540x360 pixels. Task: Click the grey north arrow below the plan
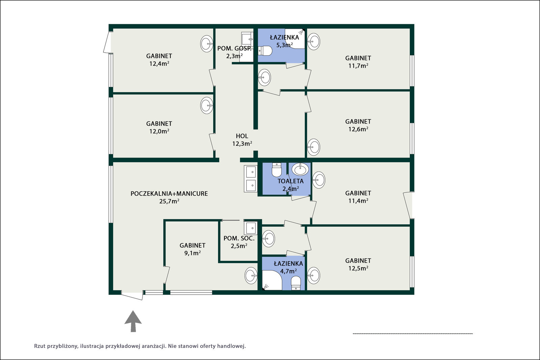pos(133,322)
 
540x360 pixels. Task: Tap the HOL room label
pos(242,136)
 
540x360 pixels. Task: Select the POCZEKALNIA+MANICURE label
pos(169,193)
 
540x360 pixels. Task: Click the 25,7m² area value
pos(169,201)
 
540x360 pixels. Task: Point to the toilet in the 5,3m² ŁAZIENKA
pos(265,51)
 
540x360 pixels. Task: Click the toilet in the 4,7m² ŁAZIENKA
pos(296,283)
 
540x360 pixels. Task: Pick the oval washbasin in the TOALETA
pos(300,169)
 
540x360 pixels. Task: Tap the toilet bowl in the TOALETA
pos(276,170)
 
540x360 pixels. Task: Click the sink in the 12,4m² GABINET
pos(207,44)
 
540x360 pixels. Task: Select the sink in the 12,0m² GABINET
pos(207,105)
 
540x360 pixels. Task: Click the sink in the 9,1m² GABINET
pos(251,275)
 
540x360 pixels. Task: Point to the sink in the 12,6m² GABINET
pos(314,147)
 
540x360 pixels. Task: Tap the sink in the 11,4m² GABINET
pos(319,180)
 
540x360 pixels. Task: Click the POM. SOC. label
pos(239,238)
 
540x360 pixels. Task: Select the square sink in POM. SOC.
pos(250,228)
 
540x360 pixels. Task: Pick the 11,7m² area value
pos(358,65)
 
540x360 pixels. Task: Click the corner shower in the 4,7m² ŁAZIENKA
pos(272,280)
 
